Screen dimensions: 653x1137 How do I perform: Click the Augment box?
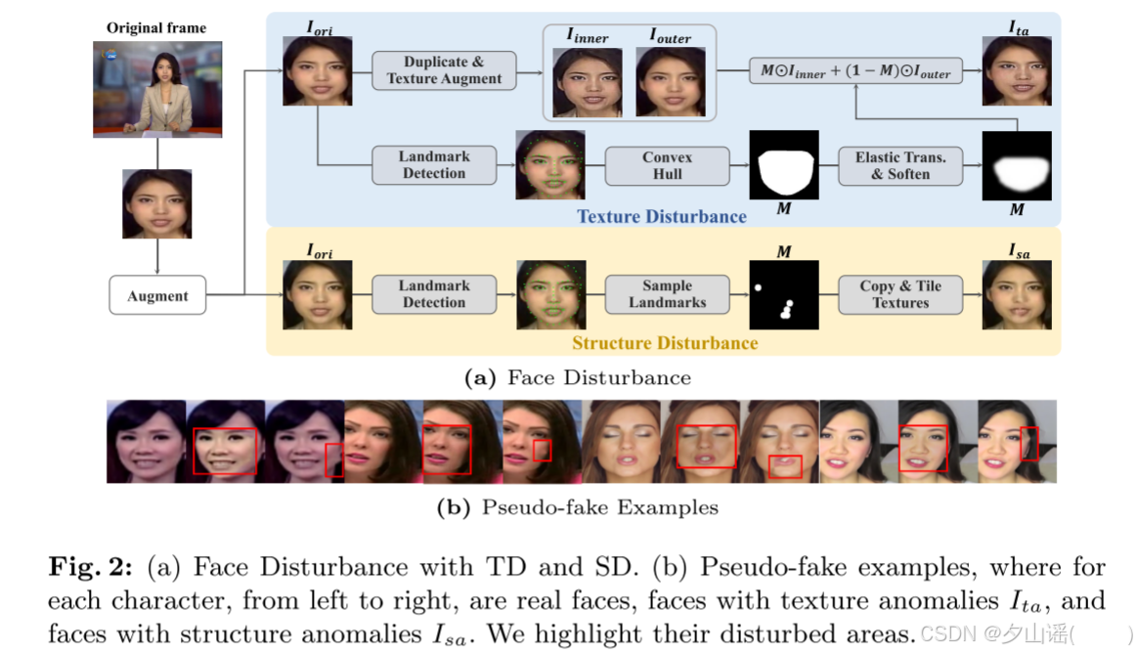click(x=157, y=295)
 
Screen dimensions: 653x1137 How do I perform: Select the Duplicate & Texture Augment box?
click(x=444, y=70)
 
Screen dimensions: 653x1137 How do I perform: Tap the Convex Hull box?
click(x=667, y=165)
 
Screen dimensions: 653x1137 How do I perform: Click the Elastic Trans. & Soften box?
click(x=899, y=165)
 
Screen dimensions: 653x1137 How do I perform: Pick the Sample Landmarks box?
click(x=667, y=294)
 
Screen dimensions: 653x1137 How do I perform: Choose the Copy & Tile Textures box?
click(x=899, y=294)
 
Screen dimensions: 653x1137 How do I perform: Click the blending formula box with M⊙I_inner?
click(x=855, y=71)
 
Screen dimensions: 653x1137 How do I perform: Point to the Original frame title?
click(x=157, y=28)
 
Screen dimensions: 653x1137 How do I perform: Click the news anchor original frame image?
click(x=157, y=89)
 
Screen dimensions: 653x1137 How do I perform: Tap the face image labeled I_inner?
click(x=588, y=81)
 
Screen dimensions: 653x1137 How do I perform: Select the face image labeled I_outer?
click(x=671, y=81)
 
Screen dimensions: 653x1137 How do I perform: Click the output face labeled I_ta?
click(x=1018, y=71)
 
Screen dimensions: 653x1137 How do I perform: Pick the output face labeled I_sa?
click(x=1018, y=293)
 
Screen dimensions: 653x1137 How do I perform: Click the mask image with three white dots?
click(x=784, y=294)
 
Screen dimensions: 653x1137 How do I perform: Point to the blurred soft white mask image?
click(x=1017, y=165)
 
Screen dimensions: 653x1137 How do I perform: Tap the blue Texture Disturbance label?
click(x=662, y=216)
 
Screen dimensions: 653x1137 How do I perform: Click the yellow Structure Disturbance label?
click(x=665, y=343)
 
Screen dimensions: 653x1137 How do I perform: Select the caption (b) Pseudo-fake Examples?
click(x=577, y=507)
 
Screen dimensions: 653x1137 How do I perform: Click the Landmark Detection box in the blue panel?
click(x=434, y=165)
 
